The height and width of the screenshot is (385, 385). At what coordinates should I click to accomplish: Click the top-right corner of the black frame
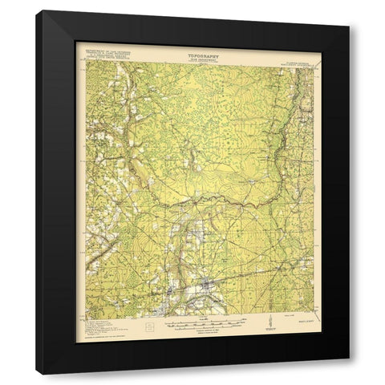tap(349, 10)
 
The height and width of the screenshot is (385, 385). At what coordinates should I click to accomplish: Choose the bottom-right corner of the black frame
tap(349, 375)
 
